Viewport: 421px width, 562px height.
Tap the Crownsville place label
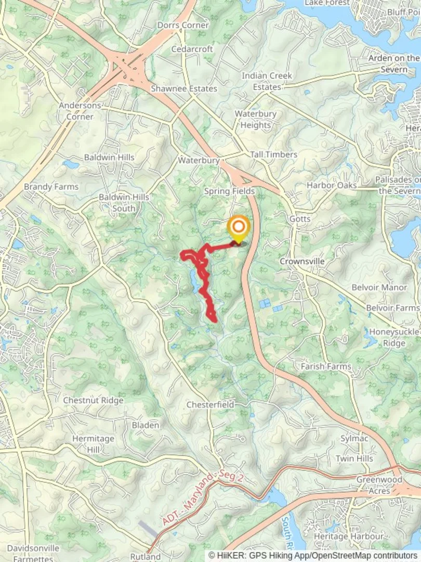click(302, 261)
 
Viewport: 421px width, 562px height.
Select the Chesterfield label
click(210, 404)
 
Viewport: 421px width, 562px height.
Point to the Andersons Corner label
click(80, 111)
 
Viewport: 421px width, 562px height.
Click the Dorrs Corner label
click(183, 25)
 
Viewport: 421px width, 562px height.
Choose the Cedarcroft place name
click(192, 49)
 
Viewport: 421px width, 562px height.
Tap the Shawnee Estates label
click(184, 88)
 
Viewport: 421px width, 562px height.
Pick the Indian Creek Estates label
click(267, 81)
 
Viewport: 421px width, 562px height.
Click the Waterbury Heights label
click(255, 119)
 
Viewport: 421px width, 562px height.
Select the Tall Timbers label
click(273, 155)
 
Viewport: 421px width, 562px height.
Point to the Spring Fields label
click(229, 191)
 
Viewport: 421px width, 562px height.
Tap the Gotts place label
click(299, 219)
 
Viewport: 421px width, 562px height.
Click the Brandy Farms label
click(51, 186)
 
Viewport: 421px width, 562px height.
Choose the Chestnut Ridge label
click(93, 400)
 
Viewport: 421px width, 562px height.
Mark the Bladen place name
click(146, 425)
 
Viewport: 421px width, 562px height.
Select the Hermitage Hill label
click(93, 444)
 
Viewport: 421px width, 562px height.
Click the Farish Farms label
click(326, 366)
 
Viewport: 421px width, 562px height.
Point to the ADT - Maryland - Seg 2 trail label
click(202, 497)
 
